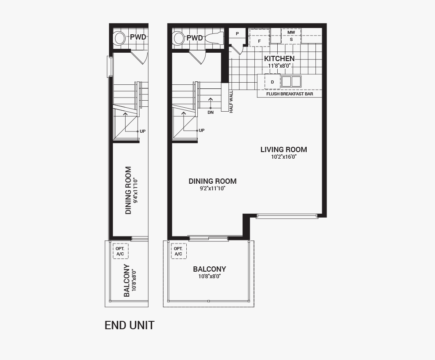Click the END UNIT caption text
(x=130, y=325)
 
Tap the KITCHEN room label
(x=279, y=58)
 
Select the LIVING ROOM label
(x=283, y=149)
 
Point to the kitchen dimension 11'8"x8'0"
(x=279, y=66)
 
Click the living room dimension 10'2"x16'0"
(x=283, y=157)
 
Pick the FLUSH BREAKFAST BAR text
(x=290, y=94)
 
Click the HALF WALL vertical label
(x=231, y=102)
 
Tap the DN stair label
(x=210, y=113)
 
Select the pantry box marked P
(x=237, y=34)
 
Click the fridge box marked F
(x=259, y=40)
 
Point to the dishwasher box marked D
(x=272, y=82)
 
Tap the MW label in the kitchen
(x=291, y=33)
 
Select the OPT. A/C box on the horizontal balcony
(x=178, y=251)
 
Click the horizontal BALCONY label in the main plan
(x=209, y=269)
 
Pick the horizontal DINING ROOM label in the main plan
(x=212, y=181)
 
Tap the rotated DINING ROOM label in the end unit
(x=128, y=190)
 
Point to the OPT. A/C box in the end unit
(x=120, y=251)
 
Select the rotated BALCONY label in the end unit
(x=127, y=280)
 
